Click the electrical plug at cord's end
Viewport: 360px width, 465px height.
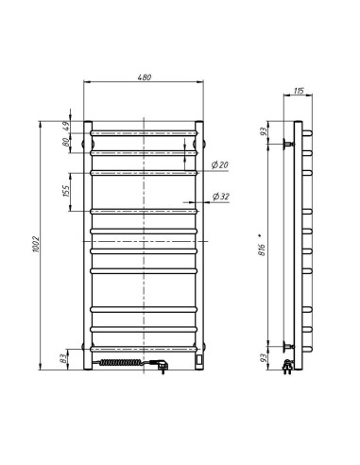pyautogui.click(x=163, y=364)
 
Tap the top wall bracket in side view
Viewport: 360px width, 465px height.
pyautogui.click(x=283, y=143)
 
